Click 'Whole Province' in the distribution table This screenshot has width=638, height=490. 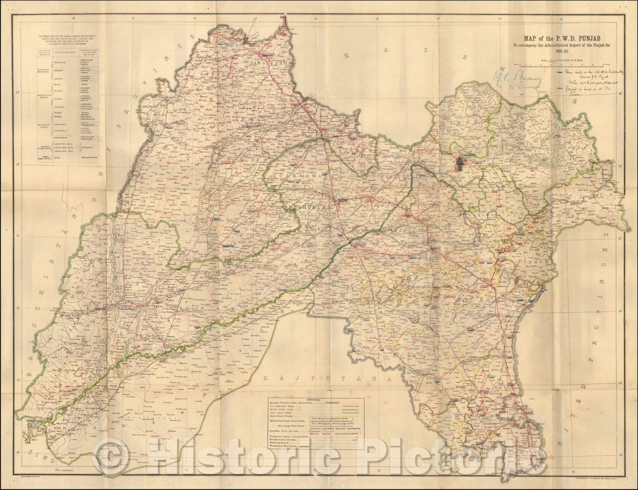[87, 158]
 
